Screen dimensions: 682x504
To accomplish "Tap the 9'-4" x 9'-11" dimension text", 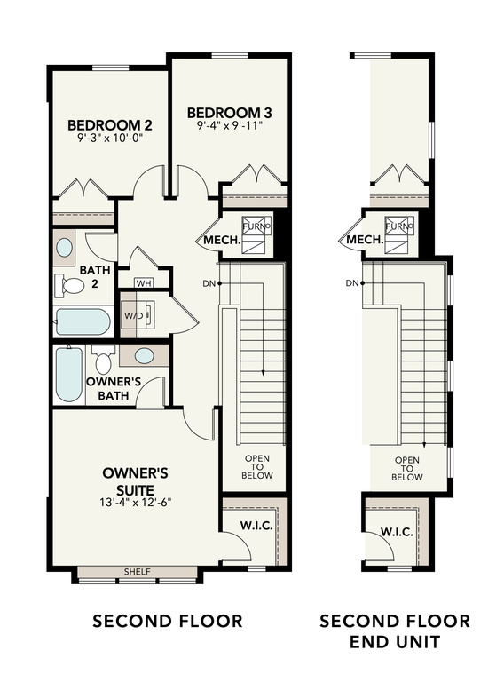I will pyautogui.click(x=230, y=126).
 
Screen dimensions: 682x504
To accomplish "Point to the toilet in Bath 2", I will pyautogui.click(x=70, y=285).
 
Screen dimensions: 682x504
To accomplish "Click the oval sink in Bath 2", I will pyautogui.click(x=65, y=248).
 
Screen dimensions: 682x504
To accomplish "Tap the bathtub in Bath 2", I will pyautogui.click(x=82, y=321).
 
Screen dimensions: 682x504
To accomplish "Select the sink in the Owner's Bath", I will pyautogui.click(x=144, y=356).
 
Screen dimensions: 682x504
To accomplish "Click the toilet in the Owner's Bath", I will pyautogui.click(x=103, y=360).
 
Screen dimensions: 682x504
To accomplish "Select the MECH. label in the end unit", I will pyautogui.click(x=364, y=241).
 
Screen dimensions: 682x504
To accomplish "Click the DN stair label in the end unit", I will pyautogui.click(x=351, y=283).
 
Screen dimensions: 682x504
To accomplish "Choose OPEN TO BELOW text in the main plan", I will pyautogui.click(x=259, y=467).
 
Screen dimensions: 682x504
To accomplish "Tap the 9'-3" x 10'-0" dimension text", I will pyautogui.click(x=109, y=139).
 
